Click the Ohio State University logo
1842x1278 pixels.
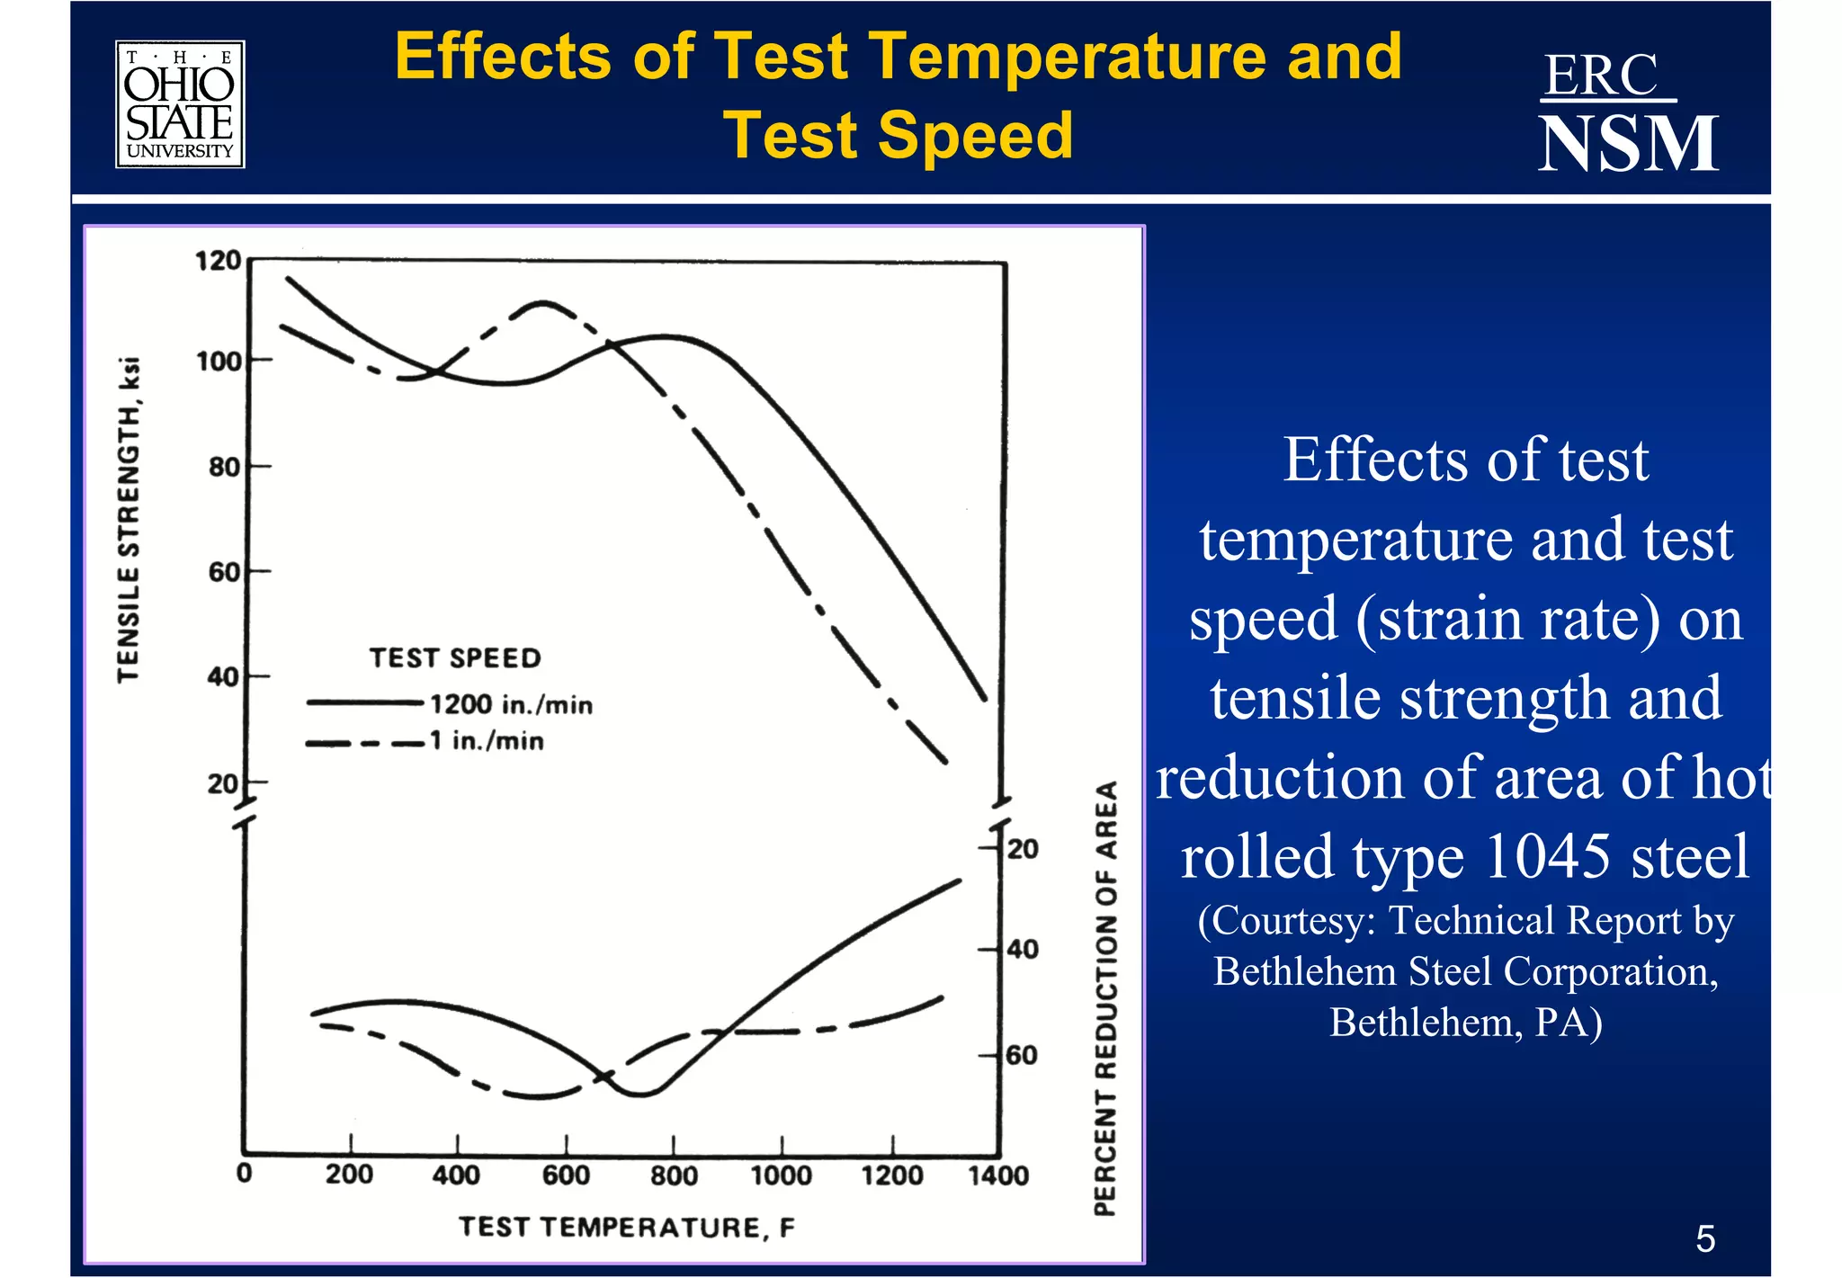180,104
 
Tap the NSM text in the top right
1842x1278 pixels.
1628,144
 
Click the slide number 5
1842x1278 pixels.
1704,1239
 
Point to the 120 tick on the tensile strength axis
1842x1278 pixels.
218,261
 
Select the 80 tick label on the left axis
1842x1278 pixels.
224,467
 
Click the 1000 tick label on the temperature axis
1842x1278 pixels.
781,1175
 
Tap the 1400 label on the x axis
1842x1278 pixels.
998,1175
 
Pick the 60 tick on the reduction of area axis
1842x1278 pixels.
1022,1054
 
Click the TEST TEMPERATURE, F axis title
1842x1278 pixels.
627,1228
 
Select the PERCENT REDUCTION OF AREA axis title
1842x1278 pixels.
1105,998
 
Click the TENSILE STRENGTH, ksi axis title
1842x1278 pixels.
129,520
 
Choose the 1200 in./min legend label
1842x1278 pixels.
511,704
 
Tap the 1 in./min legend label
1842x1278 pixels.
487,741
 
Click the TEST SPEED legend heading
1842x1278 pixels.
455,657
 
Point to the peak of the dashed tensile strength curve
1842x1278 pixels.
542,303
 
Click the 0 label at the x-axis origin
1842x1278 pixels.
244,1174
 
